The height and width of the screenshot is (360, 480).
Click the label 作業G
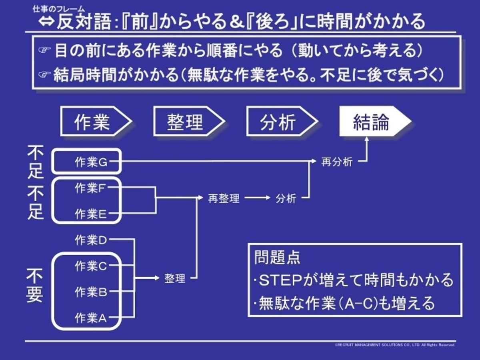91,162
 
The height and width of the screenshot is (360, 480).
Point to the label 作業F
91,188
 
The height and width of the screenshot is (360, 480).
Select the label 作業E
91,214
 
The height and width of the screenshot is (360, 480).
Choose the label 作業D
91,240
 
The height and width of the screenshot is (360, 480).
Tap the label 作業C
91,266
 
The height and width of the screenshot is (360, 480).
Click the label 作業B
91,292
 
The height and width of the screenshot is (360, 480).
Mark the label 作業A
91,318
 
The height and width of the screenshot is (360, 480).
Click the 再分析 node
337,162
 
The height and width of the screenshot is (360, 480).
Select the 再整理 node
224,198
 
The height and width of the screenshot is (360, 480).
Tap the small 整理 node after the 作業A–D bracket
175,278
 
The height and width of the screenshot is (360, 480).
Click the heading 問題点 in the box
277,258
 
